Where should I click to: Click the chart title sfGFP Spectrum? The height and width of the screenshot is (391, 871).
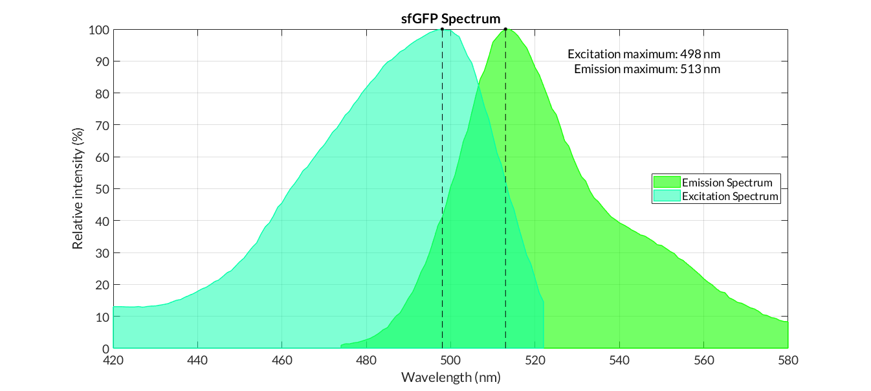point(450,19)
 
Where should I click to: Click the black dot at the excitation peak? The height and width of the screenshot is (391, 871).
point(442,29)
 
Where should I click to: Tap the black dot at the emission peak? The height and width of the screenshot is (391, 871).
point(505,29)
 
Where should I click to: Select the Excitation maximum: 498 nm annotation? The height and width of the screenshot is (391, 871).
point(643,54)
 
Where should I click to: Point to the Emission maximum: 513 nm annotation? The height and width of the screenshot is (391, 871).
point(647,69)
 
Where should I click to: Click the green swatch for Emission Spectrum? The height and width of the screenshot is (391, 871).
point(666,183)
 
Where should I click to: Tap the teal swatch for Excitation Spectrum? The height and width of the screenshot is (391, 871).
point(666,195)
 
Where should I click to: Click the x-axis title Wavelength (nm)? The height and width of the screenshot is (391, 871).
point(450,377)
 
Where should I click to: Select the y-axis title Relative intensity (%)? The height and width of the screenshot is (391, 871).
point(78,189)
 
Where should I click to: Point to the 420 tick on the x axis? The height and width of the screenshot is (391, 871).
point(113,360)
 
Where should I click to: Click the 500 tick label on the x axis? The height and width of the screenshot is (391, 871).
point(450,360)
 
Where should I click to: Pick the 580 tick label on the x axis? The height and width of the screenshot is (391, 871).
point(788,360)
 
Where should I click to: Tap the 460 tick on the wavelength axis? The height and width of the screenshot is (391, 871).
point(282,360)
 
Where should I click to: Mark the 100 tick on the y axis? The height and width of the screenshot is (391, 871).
point(99,30)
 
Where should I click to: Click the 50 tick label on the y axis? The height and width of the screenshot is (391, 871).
point(102,189)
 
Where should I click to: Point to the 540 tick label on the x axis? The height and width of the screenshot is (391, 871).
point(619,360)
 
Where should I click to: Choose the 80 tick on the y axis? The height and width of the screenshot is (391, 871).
point(102,93)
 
